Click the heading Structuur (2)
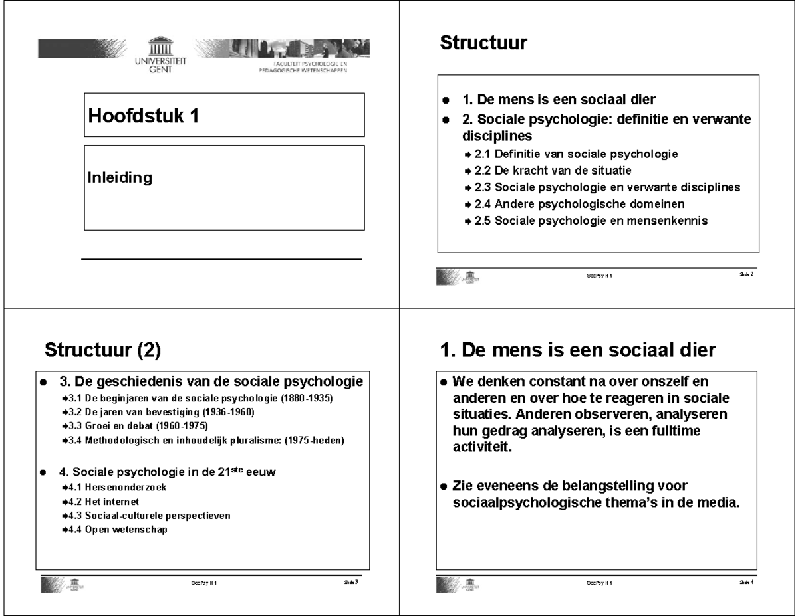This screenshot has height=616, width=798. coord(102,350)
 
